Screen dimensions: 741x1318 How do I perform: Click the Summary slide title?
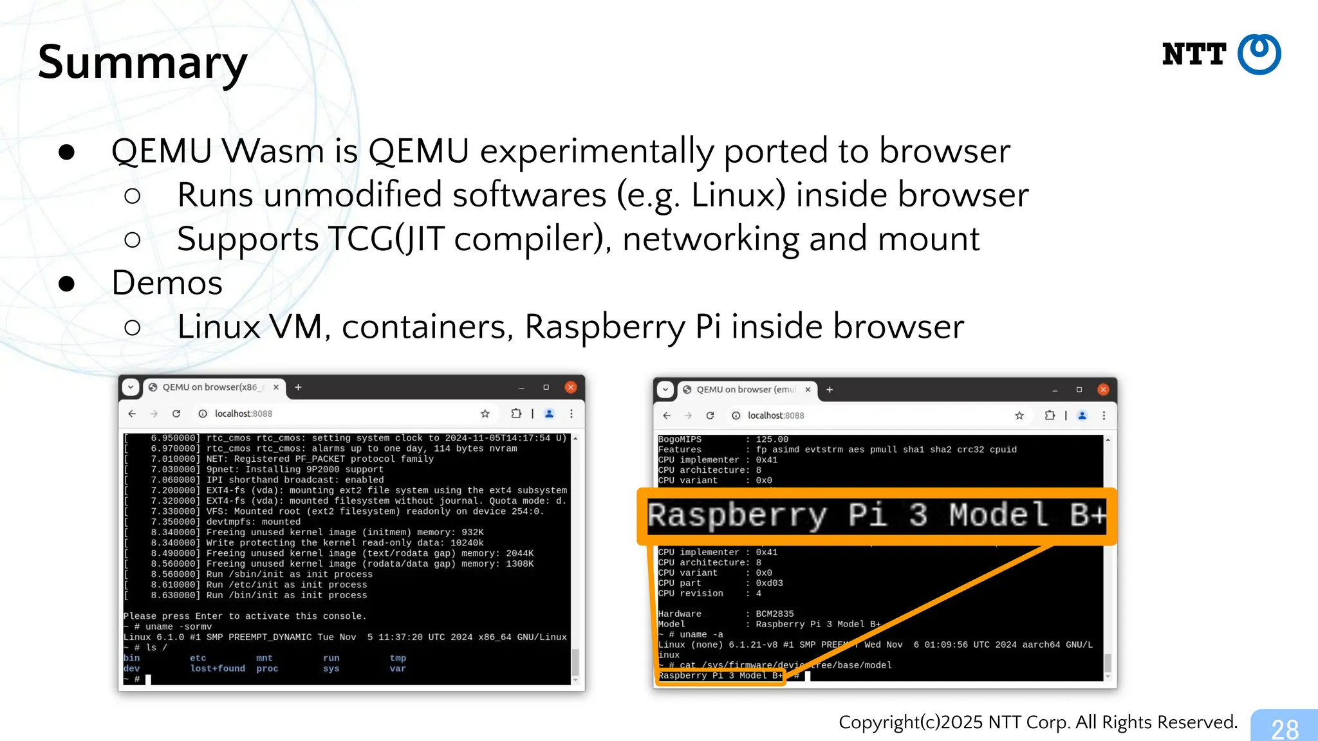tap(142, 62)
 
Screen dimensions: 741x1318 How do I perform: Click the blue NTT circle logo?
tap(1259, 55)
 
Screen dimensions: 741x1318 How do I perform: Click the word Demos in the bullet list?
tap(167, 283)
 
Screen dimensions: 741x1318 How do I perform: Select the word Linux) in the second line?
tap(738, 195)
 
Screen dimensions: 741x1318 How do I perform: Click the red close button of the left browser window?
tap(570, 387)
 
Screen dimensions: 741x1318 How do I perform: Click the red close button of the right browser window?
tap(1103, 390)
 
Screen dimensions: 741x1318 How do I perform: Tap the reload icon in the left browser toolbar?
tap(176, 414)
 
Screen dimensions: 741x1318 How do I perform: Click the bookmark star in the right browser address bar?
tap(1019, 416)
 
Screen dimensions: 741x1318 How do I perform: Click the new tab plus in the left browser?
tap(298, 387)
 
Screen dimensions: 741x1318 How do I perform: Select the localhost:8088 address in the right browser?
tap(775, 416)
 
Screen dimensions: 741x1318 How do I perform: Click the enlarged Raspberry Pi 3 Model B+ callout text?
tap(877, 516)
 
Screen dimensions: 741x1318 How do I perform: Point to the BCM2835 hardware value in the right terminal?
tap(774, 614)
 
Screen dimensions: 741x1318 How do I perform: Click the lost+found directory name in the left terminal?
tap(218, 669)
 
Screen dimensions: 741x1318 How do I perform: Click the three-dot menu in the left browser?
tap(571, 414)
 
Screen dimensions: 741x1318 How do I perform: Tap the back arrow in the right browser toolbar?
tap(667, 416)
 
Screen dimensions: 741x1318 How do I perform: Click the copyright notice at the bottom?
tap(1037, 722)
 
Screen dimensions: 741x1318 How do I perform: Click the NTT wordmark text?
tap(1194, 55)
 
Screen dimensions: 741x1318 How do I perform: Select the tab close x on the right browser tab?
tap(808, 390)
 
